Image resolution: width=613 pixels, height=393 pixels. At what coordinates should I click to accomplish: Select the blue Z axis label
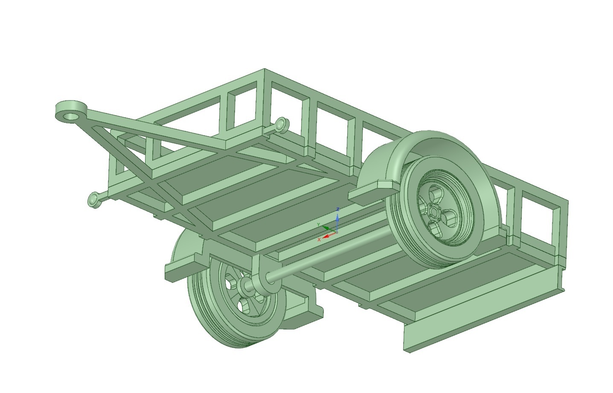click(337, 209)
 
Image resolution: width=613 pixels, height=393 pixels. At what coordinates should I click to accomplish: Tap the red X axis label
click(319, 240)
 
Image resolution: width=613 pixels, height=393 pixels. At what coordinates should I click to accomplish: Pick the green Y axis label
click(318, 225)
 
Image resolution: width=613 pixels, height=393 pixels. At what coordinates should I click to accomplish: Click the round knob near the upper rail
click(281, 124)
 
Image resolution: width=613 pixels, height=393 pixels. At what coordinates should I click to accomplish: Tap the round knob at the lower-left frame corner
click(93, 200)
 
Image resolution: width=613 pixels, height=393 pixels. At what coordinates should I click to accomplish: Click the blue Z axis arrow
click(337, 220)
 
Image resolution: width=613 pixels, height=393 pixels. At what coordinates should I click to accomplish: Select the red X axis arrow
click(327, 236)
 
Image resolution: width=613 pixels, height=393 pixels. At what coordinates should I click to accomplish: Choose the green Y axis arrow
click(326, 228)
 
